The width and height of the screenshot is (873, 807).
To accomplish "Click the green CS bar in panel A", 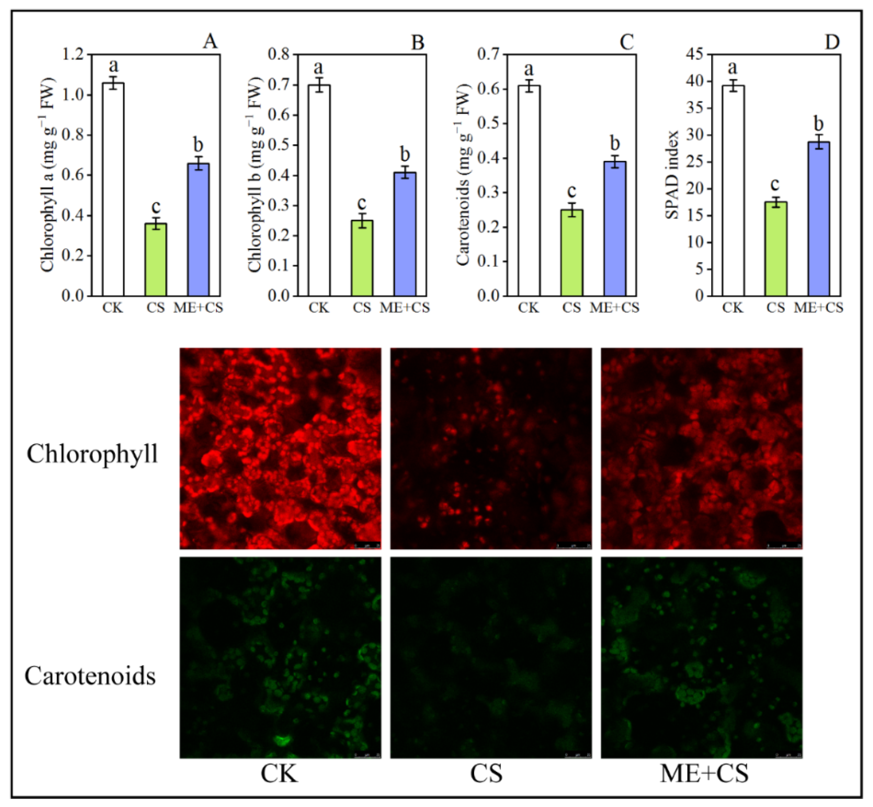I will click(156, 259).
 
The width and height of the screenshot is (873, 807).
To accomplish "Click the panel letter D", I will click(832, 42).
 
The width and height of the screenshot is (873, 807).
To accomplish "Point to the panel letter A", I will click(210, 42).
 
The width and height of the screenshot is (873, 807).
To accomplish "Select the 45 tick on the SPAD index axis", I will click(695, 55).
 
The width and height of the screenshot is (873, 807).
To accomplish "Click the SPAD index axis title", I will click(672, 174).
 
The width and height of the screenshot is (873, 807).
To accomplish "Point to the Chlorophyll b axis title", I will click(255, 175).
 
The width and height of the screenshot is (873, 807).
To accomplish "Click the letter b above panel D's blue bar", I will click(819, 124).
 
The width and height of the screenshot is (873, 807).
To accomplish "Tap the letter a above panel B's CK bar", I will click(319, 68).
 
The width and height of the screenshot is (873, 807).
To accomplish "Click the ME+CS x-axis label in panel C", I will click(615, 308).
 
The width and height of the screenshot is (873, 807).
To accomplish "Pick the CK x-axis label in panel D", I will click(733, 308).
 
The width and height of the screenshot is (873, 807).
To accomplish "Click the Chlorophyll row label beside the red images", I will click(92, 454).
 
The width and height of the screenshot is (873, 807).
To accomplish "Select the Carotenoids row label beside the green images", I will click(90, 676).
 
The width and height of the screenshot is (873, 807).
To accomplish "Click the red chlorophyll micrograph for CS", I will click(491, 448).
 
